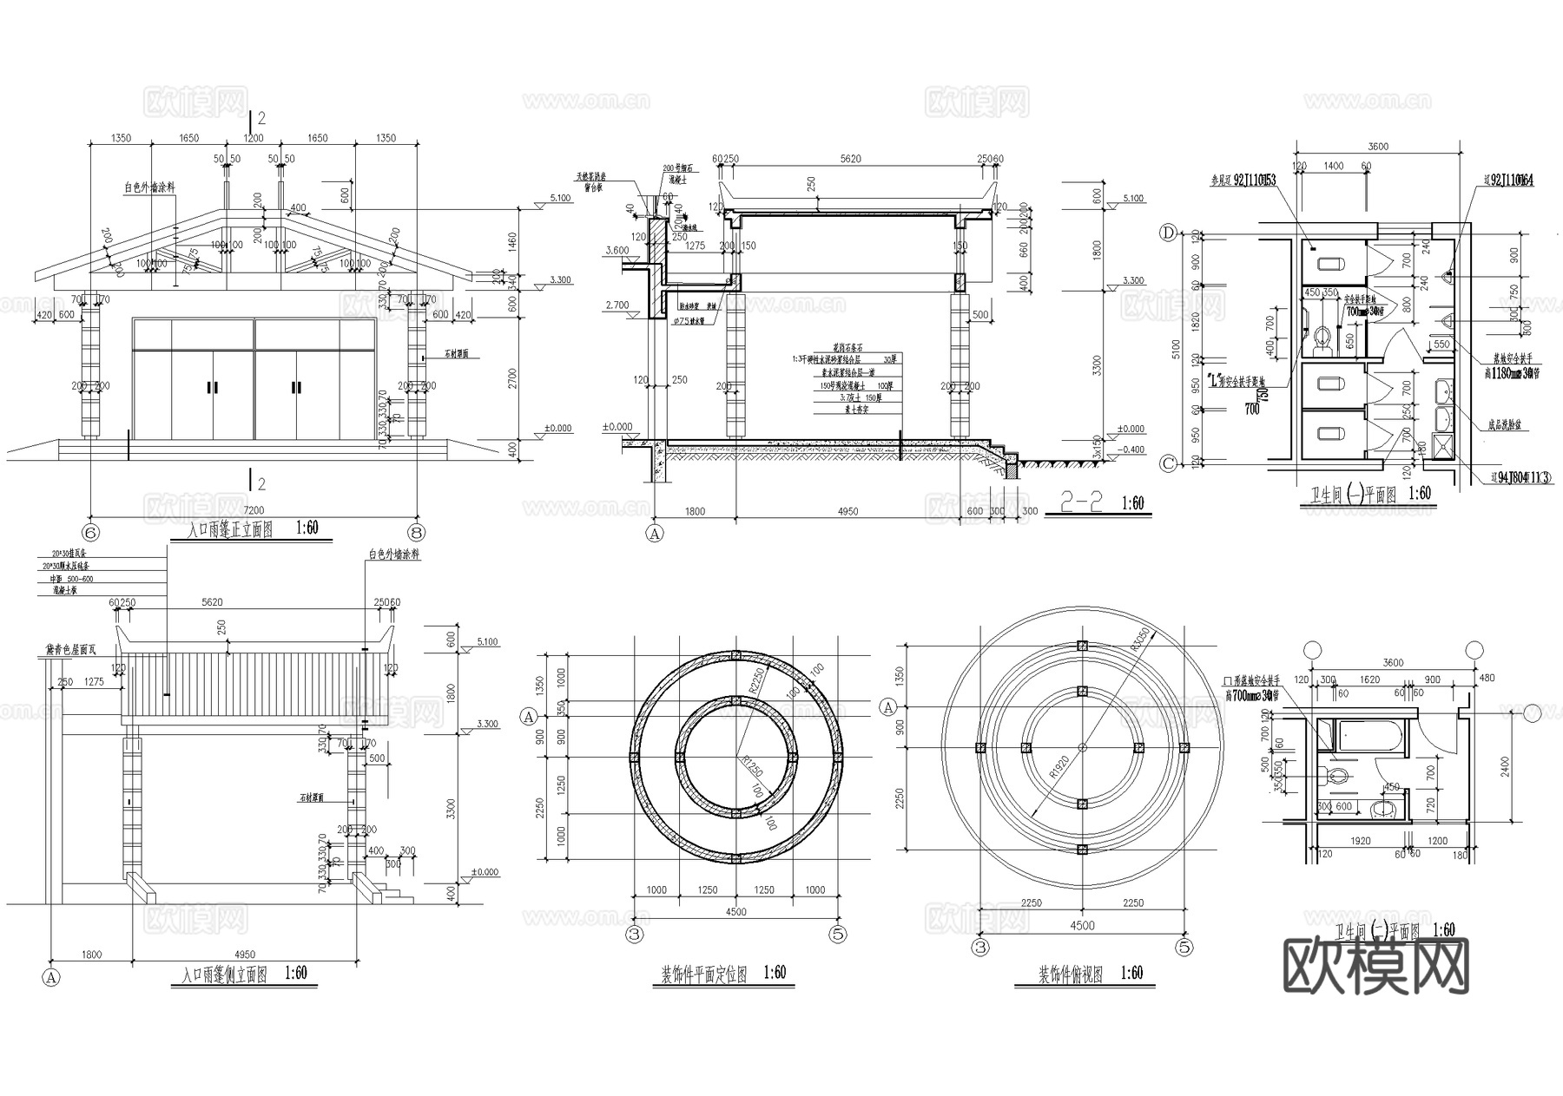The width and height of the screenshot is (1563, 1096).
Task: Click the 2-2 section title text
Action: (1081, 502)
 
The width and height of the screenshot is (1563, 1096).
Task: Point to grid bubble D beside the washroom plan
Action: (1169, 233)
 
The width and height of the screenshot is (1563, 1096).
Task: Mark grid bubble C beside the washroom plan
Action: (1169, 464)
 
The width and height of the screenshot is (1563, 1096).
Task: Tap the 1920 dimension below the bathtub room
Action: (1361, 840)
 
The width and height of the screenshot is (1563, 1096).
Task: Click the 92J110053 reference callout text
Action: (1243, 180)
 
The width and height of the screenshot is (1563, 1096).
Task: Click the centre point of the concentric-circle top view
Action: (1082, 747)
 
